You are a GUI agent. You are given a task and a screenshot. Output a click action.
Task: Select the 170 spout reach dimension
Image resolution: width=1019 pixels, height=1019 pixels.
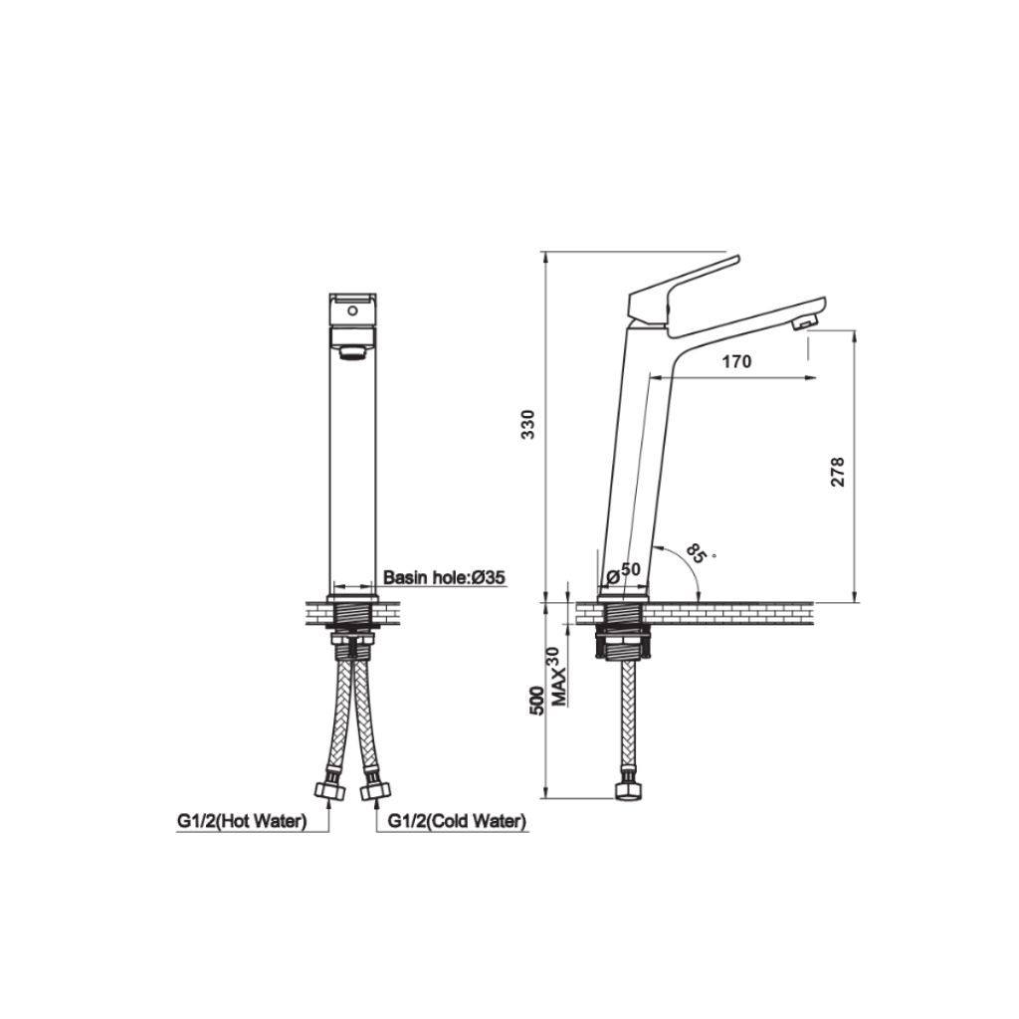(735, 362)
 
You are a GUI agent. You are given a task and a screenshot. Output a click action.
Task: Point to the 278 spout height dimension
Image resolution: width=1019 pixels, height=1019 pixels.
(837, 471)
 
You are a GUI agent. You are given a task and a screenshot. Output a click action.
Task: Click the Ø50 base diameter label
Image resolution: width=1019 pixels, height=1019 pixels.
(624, 570)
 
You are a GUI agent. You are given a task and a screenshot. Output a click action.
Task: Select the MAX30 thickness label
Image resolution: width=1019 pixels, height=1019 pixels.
(559, 677)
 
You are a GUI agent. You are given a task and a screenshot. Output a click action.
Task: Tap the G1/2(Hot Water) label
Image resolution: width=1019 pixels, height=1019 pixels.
(241, 821)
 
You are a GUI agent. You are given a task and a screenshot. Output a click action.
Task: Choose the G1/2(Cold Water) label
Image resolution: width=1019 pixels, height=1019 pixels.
(457, 821)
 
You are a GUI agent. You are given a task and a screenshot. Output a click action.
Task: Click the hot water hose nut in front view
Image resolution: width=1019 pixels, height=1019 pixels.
(327, 791)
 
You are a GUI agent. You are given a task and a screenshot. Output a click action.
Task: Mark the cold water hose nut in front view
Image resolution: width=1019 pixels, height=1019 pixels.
(374, 791)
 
